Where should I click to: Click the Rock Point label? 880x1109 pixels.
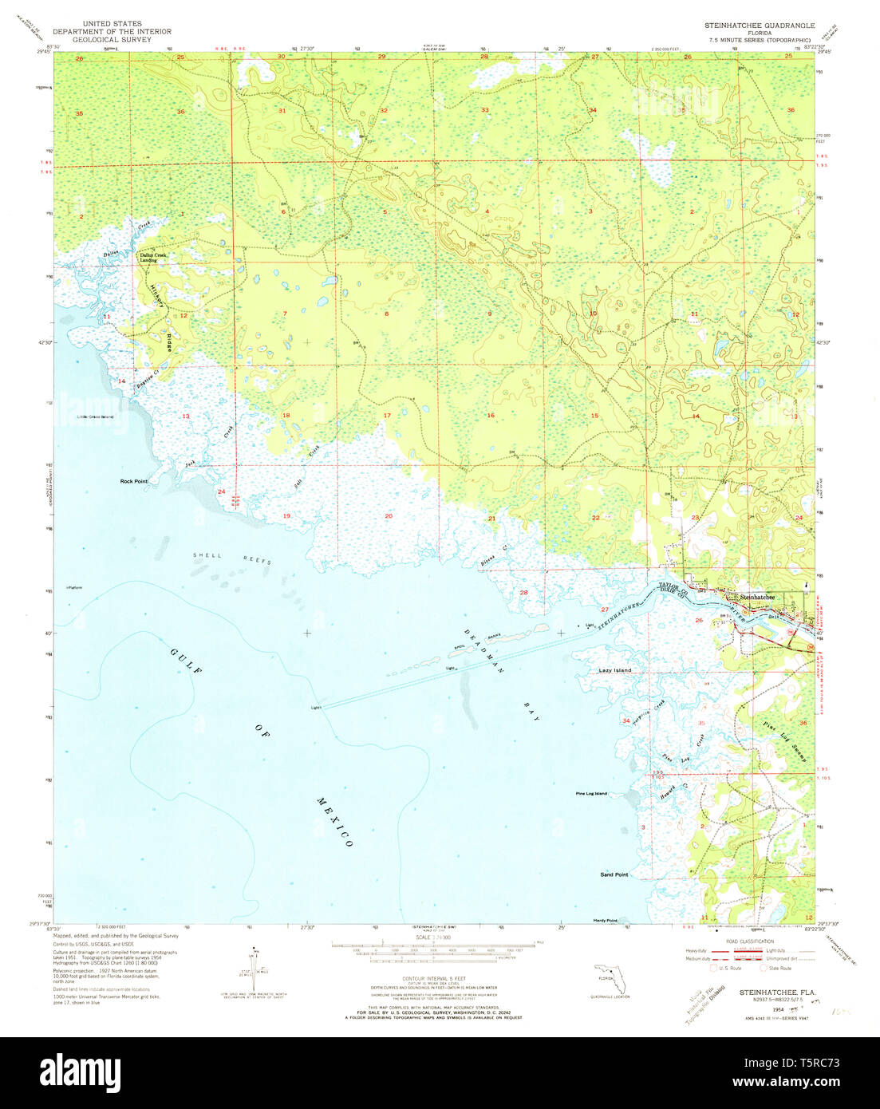click(134, 481)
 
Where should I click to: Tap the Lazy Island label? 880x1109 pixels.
click(615, 670)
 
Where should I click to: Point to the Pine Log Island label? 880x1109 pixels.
click(591, 794)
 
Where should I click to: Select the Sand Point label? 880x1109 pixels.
click(614, 874)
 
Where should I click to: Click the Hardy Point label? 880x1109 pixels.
click(606, 921)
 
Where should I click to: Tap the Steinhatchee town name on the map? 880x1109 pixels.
click(757, 597)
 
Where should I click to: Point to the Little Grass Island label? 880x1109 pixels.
click(95, 416)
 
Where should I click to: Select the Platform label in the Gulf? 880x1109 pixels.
click(74, 588)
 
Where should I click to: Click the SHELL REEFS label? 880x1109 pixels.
click(232, 558)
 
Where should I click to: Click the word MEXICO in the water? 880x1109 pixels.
click(334, 822)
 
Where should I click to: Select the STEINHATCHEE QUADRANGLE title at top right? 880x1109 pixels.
click(759, 26)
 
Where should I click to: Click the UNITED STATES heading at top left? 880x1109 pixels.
click(112, 24)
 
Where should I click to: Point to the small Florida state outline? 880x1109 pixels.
click(606, 977)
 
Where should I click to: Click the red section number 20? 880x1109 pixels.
click(389, 516)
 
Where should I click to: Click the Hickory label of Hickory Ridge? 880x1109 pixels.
click(157, 294)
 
